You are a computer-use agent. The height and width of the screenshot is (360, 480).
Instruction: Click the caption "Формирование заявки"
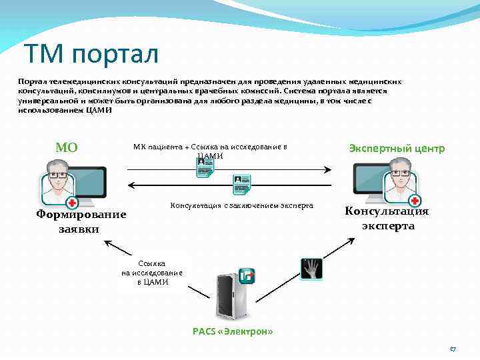[81, 221]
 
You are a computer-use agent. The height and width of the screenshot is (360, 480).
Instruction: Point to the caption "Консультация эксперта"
[387, 218]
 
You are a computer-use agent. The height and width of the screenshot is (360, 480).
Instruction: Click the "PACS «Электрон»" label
[233, 331]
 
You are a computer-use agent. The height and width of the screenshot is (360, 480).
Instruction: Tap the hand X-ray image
[311, 268]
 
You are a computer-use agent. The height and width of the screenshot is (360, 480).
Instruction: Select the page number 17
[453, 349]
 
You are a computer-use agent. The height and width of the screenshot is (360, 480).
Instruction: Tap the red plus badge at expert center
[415, 201]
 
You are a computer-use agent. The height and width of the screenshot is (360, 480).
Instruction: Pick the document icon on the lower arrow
[241, 183]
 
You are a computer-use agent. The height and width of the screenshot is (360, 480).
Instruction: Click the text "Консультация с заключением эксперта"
[242, 205]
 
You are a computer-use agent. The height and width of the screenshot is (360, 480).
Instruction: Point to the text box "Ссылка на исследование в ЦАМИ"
[152, 273]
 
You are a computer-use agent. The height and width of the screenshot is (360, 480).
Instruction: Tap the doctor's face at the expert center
[400, 173]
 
